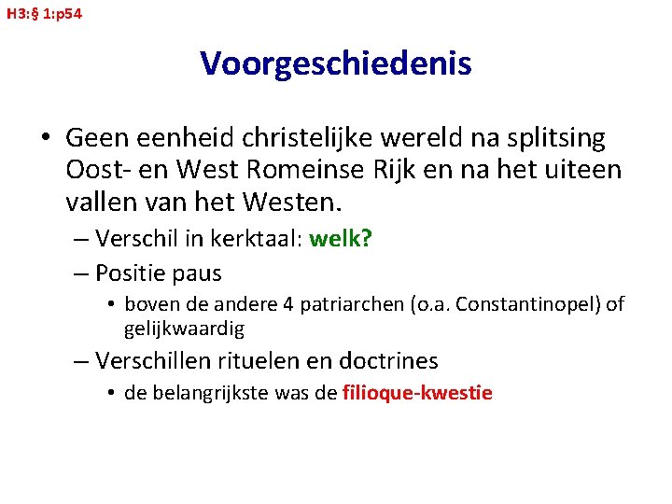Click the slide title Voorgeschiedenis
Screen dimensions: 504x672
[335, 63]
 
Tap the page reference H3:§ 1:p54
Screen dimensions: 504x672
[43, 14]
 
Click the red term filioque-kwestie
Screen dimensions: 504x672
[417, 393]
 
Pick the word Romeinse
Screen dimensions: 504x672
[340, 171]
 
